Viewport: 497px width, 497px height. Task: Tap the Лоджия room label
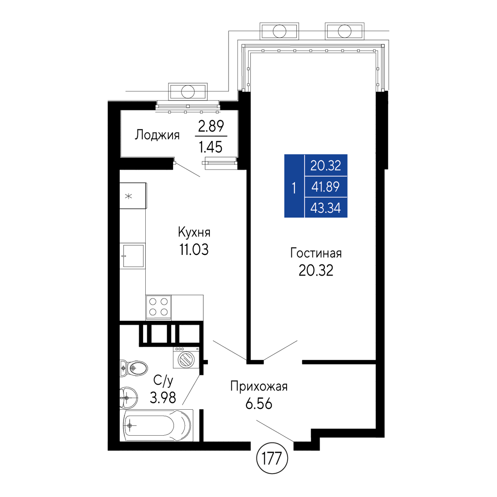tap(157, 135)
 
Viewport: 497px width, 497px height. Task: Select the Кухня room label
tap(194, 232)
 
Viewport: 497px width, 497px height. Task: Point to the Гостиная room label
tap(316, 253)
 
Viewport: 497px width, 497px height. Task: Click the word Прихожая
tap(259, 387)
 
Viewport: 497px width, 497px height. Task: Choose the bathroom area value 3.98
tap(163, 398)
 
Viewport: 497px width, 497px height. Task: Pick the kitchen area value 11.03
tap(194, 249)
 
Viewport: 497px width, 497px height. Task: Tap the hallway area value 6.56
tap(259, 404)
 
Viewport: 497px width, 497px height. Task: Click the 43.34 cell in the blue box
tap(325, 207)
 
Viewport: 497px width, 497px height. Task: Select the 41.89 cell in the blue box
tap(325, 187)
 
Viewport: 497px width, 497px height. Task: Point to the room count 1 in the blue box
tap(294, 188)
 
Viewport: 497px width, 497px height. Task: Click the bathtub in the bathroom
tap(157, 425)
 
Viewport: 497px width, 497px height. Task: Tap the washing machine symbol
tap(186, 357)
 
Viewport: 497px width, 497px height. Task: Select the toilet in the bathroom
tap(134, 368)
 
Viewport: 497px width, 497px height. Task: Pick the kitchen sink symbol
tap(133, 256)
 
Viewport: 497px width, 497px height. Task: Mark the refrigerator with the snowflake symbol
tap(133, 195)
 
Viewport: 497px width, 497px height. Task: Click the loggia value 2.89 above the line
tap(211, 126)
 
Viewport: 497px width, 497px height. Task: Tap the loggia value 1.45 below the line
tap(210, 147)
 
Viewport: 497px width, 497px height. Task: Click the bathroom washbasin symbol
tap(128, 398)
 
